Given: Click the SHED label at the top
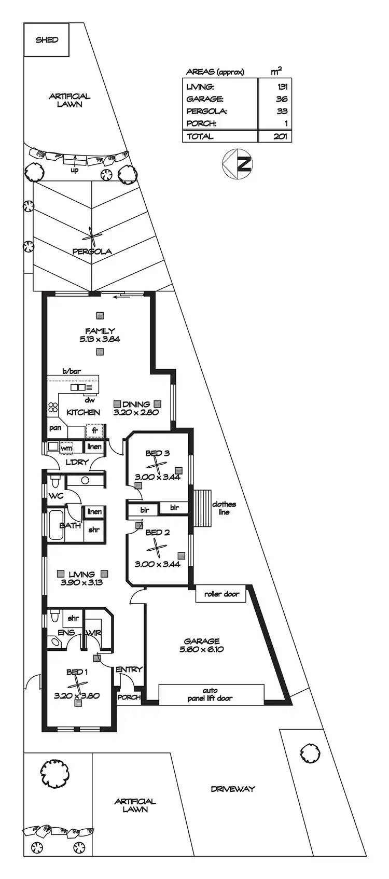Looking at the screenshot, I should point(47,40).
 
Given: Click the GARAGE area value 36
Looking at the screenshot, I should point(282,99).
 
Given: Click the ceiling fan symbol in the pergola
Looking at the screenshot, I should point(92,238).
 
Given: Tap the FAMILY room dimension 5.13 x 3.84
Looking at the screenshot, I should point(100,339).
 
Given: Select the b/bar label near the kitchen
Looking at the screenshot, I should point(73,371).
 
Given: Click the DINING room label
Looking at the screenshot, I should point(136,404).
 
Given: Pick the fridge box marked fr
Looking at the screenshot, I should point(94,430).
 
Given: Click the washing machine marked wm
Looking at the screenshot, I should point(66,448).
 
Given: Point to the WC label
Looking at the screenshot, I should point(56,496).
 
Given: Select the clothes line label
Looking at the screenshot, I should point(224,508).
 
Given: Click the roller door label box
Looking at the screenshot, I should point(221,594).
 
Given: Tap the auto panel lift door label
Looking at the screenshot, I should point(210,694).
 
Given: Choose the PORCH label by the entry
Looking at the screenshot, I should point(129,697).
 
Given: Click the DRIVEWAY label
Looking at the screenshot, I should point(233,789).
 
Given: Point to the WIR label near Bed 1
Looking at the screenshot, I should point(94,633).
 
